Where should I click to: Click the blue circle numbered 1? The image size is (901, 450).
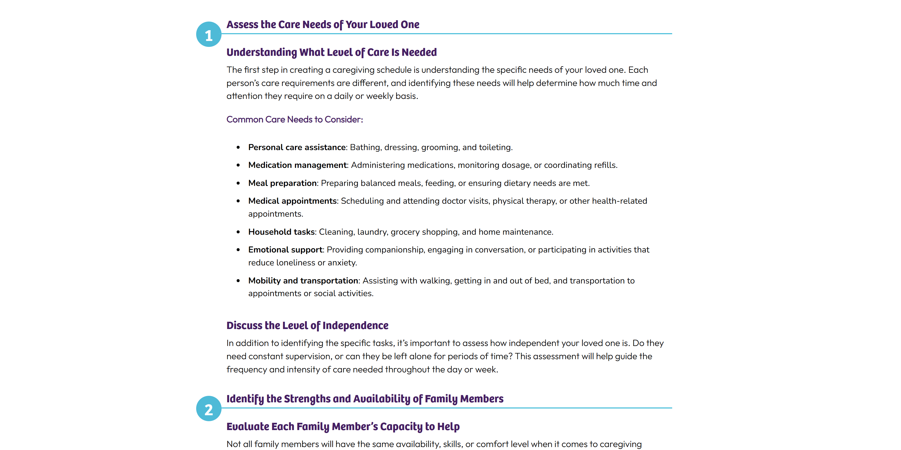(x=209, y=34)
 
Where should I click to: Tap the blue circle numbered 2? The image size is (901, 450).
(x=209, y=409)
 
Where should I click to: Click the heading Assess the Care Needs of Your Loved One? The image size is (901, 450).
(x=322, y=25)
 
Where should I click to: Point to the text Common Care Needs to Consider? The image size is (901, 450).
(x=294, y=119)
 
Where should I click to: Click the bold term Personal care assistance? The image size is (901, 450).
(x=297, y=147)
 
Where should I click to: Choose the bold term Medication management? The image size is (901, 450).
(x=297, y=165)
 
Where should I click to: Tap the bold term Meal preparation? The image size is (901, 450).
(x=282, y=183)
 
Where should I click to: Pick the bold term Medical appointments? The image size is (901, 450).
(x=293, y=201)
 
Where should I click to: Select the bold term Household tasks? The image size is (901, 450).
(x=281, y=232)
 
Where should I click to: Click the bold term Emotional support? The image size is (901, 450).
(x=285, y=250)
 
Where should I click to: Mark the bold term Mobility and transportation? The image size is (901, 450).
(x=303, y=281)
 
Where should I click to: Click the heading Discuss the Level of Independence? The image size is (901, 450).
(x=307, y=325)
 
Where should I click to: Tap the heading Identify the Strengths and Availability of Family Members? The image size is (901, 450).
(x=365, y=399)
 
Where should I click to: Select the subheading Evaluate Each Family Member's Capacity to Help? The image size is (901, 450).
(x=343, y=427)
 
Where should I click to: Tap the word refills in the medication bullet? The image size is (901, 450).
(x=604, y=165)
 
